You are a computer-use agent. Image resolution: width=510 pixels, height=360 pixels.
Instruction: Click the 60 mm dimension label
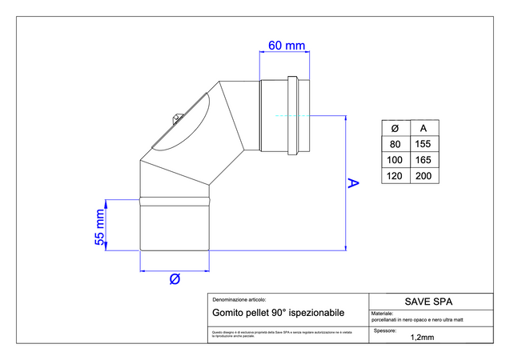(x=285, y=45)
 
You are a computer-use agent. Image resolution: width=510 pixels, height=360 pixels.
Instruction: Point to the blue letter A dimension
(x=353, y=183)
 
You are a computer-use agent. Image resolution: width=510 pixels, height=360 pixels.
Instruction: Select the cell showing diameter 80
(x=394, y=144)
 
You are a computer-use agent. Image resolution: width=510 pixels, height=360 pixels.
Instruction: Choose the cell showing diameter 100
(x=394, y=160)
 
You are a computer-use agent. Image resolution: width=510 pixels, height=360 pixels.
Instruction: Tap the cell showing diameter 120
(x=394, y=176)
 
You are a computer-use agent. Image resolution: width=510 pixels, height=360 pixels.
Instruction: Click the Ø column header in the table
(x=394, y=128)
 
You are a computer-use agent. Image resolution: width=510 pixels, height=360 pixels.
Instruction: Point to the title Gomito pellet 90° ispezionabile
(x=278, y=314)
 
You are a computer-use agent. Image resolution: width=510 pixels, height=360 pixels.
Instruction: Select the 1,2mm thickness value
(x=421, y=338)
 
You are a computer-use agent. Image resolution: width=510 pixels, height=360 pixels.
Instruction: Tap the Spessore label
(x=386, y=330)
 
